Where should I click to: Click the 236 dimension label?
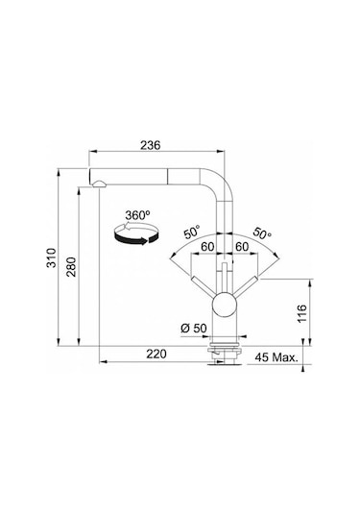click(x=151, y=145)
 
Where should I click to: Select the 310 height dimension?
click(x=52, y=258)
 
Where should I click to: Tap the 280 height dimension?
click(x=71, y=267)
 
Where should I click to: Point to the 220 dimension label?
click(x=156, y=354)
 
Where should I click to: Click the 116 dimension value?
click(x=302, y=313)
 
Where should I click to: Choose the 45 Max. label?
click(x=276, y=357)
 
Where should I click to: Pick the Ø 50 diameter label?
click(x=194, y=328)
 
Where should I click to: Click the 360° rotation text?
click(x=137, y=215)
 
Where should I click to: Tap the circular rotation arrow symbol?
click(x=136, y=233)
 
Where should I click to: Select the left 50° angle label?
click(x=191, y=233)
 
